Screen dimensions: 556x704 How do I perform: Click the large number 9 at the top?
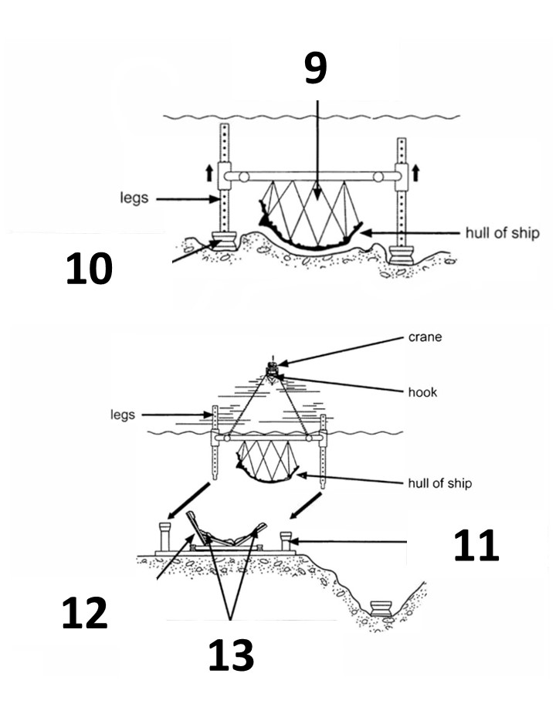(315, 67)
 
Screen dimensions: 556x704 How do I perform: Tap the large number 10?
(89, 268)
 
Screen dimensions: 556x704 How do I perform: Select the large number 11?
(476, 545)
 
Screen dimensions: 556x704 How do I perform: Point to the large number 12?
(84, 612)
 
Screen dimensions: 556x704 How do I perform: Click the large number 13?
(231, 655)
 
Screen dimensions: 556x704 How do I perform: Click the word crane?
(425, 337)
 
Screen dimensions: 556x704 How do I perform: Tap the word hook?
(422, 392)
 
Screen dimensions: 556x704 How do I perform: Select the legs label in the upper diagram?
(134, 198)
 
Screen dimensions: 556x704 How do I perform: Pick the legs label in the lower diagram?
(123, 415)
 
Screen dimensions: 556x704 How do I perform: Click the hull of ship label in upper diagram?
(502, 233)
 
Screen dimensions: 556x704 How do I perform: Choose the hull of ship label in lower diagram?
(439, 483)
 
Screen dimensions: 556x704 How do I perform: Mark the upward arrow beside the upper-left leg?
(208, 173)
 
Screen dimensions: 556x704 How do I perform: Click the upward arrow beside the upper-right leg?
(416, 173)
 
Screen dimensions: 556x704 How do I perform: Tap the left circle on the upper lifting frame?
(243, 177)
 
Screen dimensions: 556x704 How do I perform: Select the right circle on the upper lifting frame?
(378, 177)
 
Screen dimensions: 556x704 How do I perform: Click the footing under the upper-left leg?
(225, 241)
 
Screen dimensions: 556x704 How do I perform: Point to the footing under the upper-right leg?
(401, 256)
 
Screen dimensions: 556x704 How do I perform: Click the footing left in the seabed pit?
(382, 609)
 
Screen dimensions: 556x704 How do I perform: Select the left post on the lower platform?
(165, 537)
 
